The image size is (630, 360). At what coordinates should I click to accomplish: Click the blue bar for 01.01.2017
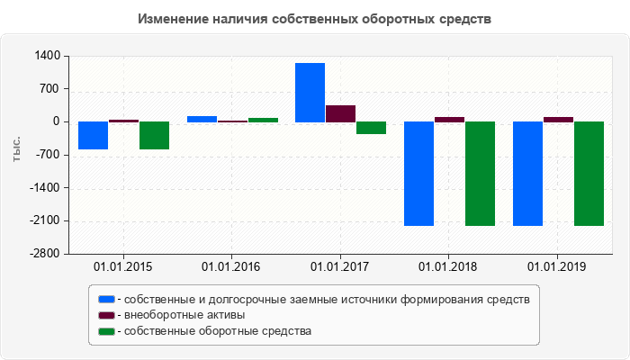tap(310, 93)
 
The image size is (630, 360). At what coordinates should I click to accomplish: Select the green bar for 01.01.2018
tap(480, 174)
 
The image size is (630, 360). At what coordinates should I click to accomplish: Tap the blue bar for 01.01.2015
tap(93, 136)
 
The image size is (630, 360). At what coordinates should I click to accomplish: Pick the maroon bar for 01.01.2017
tap(340, 113)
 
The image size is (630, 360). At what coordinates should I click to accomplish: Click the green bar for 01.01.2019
tap(589, 174)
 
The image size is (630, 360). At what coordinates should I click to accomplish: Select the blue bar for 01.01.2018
tap(418, 174)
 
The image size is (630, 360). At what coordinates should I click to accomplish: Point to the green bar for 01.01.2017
tap(371, 128)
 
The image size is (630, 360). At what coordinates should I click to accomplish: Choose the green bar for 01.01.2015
tap(154, 136)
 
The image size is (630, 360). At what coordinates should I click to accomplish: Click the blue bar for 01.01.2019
tap(527, 174)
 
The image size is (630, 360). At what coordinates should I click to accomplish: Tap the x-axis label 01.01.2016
tap(231, 266)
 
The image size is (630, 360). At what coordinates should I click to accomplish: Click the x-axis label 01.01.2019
tap(557, 266)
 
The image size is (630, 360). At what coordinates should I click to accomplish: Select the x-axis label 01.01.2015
tap(122, 266)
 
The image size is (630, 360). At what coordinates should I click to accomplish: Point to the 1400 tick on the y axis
tap(47, 56)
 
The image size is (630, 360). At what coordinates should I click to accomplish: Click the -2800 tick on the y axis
tap(44, 254)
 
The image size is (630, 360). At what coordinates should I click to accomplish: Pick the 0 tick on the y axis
tap(56, 122)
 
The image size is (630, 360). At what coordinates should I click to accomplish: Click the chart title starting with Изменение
tap(314, 19)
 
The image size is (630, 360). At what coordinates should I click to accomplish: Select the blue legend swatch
tap(107, 299)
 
